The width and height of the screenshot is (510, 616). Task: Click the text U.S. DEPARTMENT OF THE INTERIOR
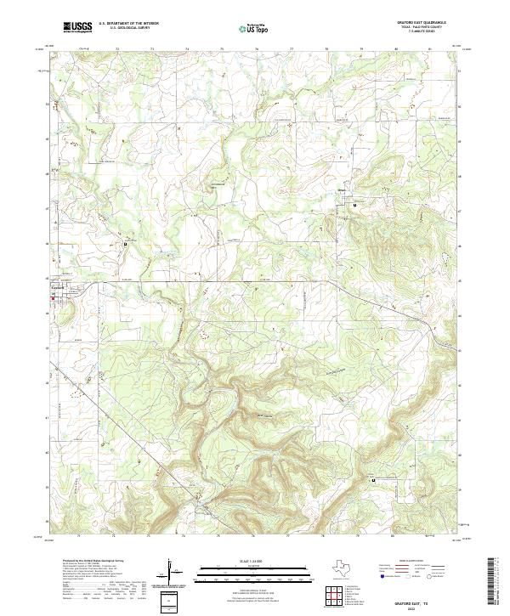[x=128, y=24]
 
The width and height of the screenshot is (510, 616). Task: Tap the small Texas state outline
[x=339, y=567]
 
